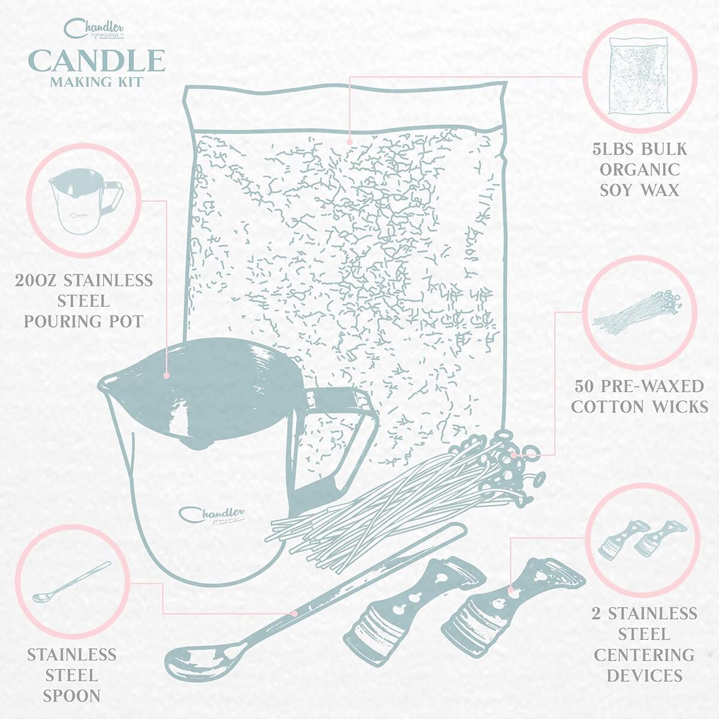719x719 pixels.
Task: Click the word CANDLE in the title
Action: [x=96, y=61]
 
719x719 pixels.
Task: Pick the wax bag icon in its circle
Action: [x=639, y=75]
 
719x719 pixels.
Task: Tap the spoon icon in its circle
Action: [x=72, y=581]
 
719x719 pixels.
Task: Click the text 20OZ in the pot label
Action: [x=37, y=280]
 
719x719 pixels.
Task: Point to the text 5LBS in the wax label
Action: [x=614, y=149]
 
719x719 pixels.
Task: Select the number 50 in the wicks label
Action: [x=585, y=386]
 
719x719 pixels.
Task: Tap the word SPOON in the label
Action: [x=71, y=696]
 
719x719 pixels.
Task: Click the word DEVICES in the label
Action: [x=644, y=675]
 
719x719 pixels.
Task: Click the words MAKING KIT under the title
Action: [x=96, y=82]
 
